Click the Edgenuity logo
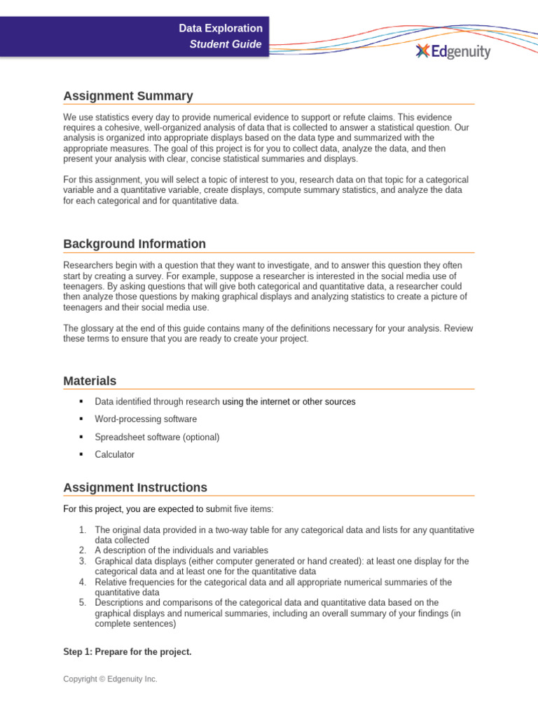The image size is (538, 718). coord(453,51)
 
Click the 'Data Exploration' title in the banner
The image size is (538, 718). coord(221,29)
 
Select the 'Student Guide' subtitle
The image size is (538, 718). coord(226,45)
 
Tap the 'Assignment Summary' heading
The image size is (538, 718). coord(128,96)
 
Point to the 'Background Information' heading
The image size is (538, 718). coord(134,244)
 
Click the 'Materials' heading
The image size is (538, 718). coord(90,381)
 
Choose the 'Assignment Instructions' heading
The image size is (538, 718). coord(135,487)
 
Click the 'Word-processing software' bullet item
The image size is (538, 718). coord(146,419)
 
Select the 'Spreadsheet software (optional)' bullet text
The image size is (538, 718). coord(157,437)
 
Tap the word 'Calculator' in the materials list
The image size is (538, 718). coord(115,454)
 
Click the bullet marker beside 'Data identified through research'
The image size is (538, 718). coord(81,402)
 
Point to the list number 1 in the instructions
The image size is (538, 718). coord(82,530)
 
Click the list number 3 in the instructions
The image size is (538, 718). coord(82,562)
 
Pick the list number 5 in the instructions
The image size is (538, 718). coord(82,602)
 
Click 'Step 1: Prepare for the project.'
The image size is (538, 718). coord(127,652)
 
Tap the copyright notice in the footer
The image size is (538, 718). coord(110,679)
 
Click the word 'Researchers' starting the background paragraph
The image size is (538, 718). coord(87,266)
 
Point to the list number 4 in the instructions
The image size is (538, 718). coord(82,582)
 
